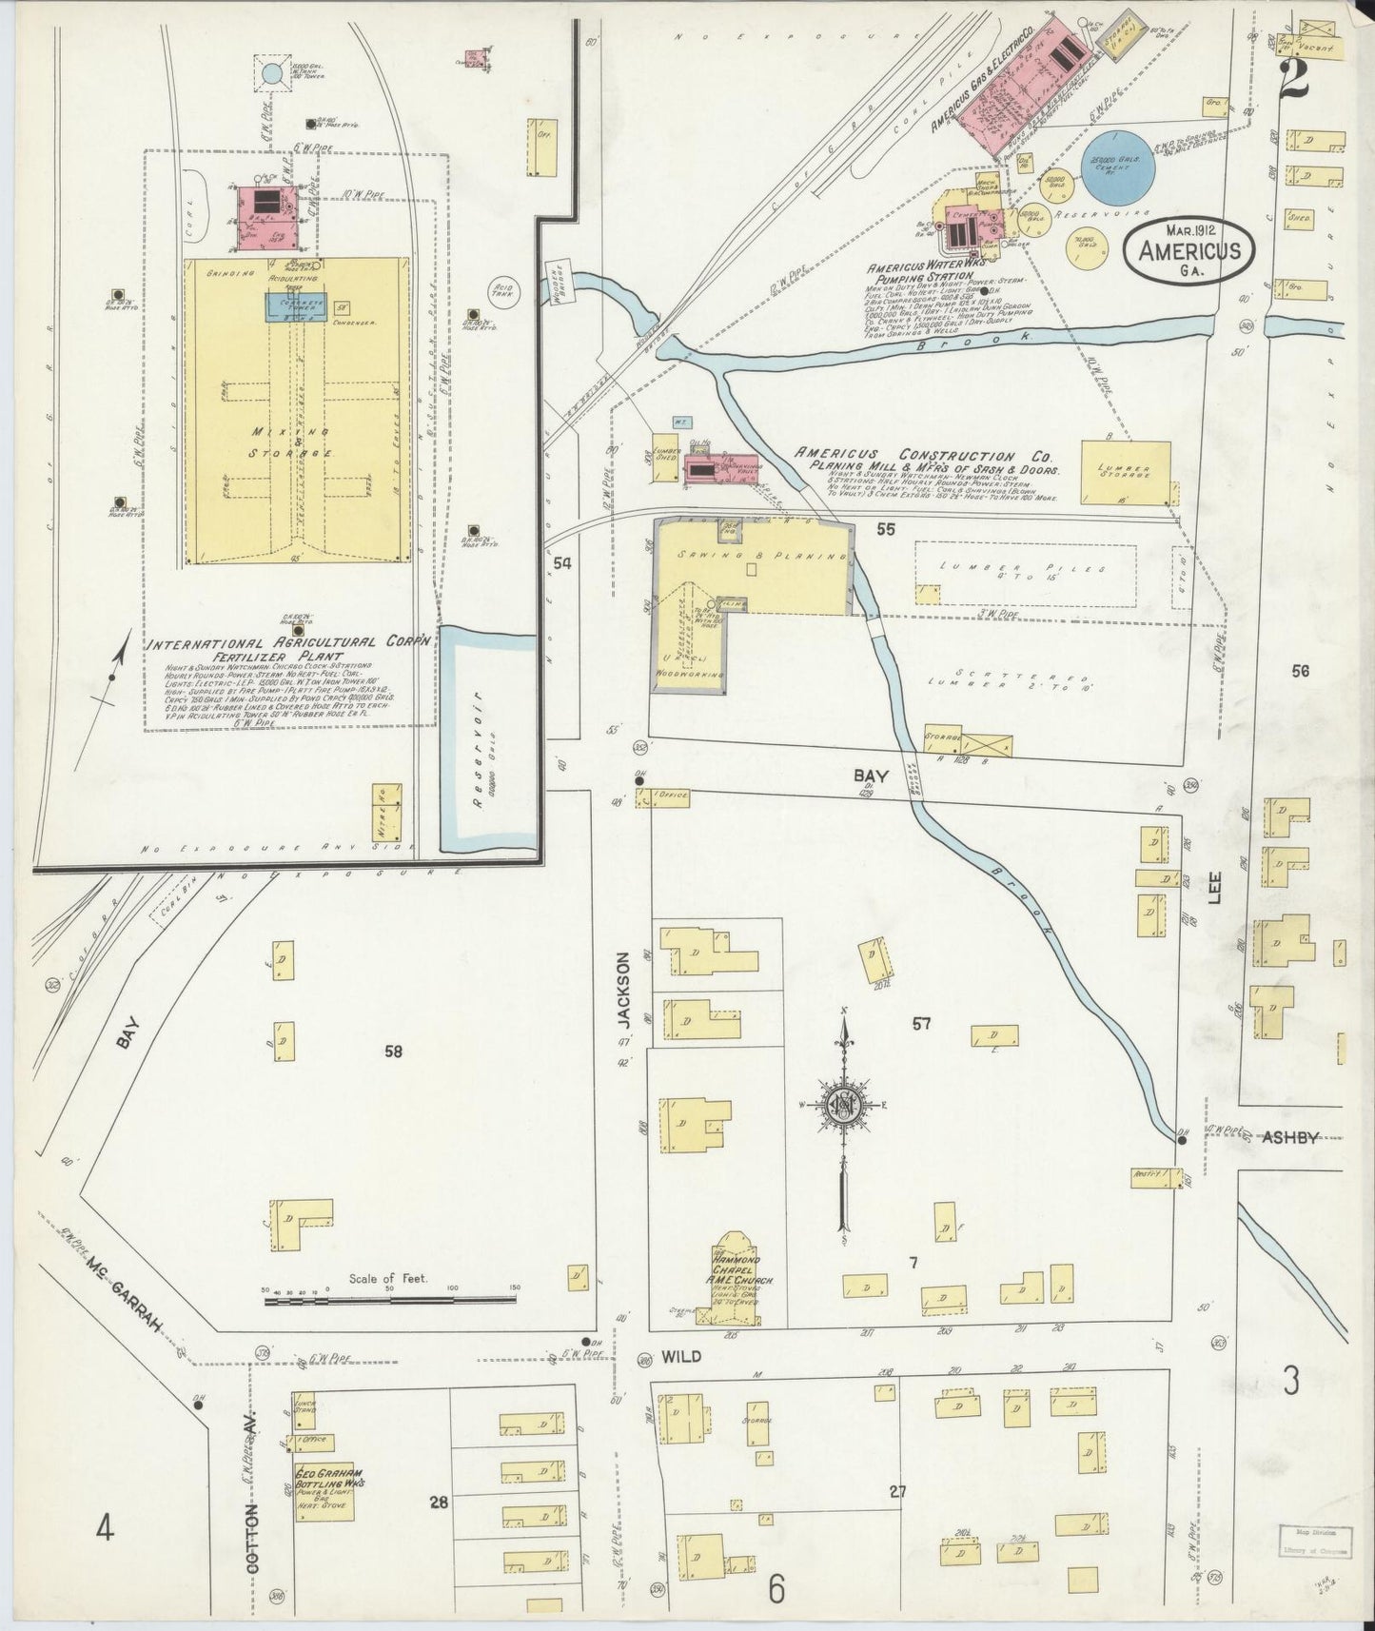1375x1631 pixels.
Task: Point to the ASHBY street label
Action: (1290, 1136)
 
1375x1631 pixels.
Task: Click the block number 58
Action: (394, 1051)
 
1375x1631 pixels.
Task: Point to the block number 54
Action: (563, 564)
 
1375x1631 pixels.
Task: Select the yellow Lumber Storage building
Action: (1126, 471)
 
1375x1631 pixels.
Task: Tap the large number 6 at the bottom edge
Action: (776, 1589)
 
